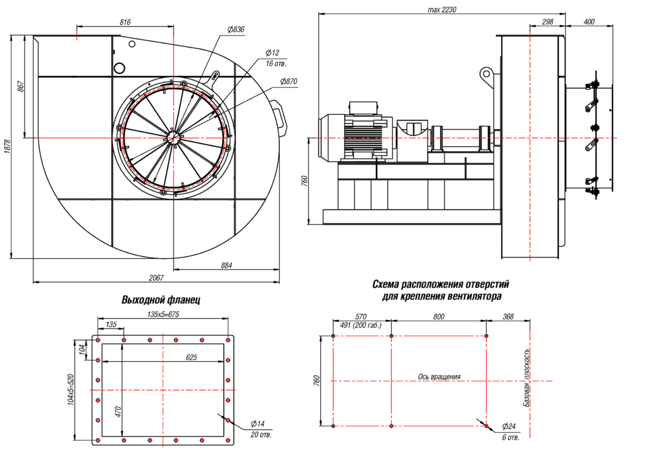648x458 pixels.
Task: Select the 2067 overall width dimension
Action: tap(157, 278)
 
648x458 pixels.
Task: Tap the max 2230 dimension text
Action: tap(441, 9)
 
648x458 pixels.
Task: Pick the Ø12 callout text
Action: tap(273, 53)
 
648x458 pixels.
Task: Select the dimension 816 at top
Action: tap(125, 22)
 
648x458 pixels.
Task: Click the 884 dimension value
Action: tap(225, 265)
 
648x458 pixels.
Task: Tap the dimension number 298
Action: tap(548, 22)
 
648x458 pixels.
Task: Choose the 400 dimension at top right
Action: tap(589, 22)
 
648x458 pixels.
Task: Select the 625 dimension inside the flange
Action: tap(191, 357)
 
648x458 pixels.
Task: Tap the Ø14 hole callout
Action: tap(257, 423)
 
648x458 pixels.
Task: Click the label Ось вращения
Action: tap(439, 376)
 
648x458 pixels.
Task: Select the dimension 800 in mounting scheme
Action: tap(439, 317)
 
